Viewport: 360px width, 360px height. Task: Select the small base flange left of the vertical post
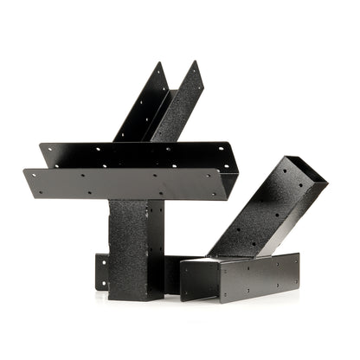click(x=102, y=272)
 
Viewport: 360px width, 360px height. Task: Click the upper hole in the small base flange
click(x=101, y=260)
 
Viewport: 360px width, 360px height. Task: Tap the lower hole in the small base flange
click(x=101, y=282)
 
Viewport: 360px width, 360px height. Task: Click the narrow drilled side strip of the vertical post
click(x=155, y=247)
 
